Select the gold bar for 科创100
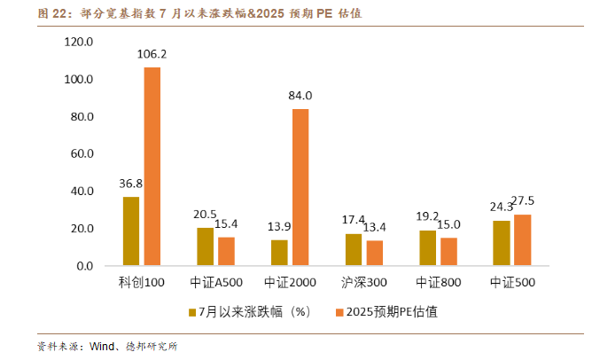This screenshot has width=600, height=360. (131, 231)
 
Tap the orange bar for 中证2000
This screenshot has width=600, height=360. (300, 187)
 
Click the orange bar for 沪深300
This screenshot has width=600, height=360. (375, 254)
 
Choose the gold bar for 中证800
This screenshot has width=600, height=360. (427, 248)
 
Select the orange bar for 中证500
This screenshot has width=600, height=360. (523, 240)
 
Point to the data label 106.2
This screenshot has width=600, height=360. (152, 55)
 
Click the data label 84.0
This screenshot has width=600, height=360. (300, 96)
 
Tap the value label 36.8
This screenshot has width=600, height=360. (130, 184)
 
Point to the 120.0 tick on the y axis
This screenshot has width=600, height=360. (79, 42)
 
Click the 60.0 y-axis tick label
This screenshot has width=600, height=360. (82, 153)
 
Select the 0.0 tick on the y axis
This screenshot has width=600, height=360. (85, 266)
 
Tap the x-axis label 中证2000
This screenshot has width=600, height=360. (290, 284)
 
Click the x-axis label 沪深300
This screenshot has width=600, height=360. (364, 284)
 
